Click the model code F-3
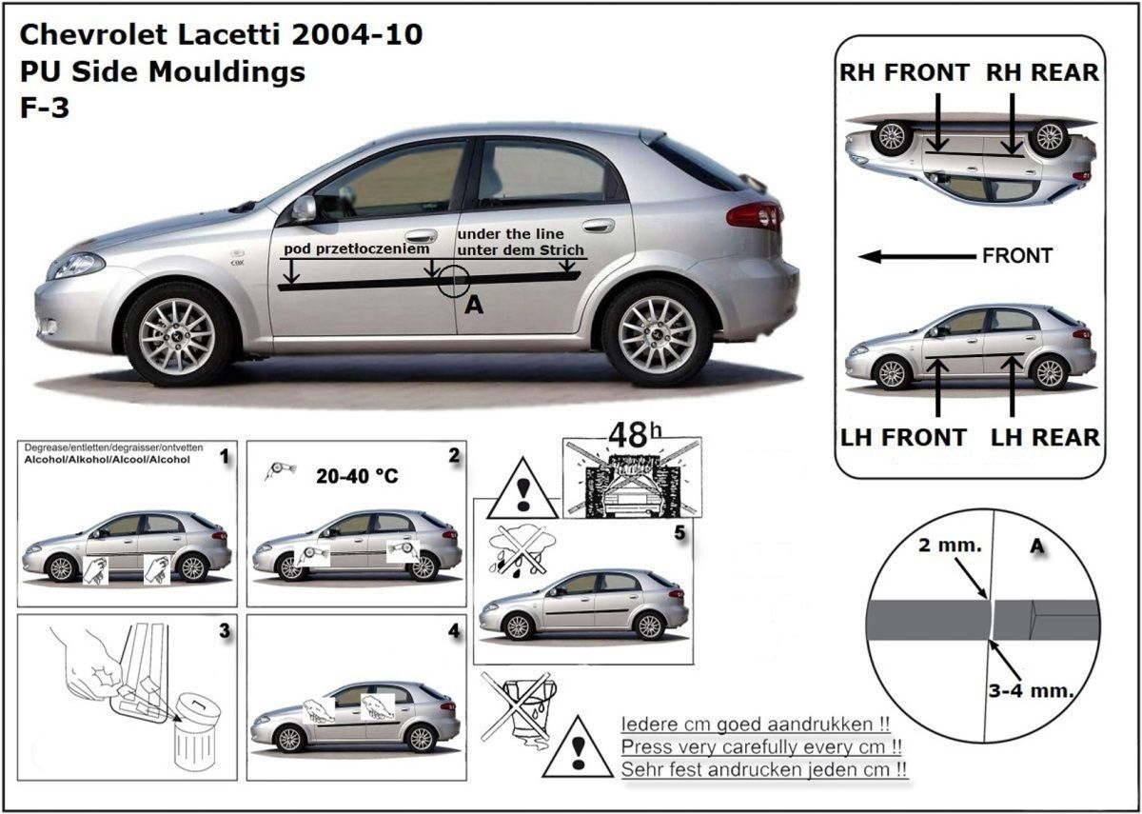[x=45, y=108]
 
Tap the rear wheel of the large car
[x=656, y=333]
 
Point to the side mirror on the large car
[x=305, y=208]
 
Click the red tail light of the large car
[x=754, y=216]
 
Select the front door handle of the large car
[x=421, y=236]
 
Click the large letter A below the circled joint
[x=474, y=305]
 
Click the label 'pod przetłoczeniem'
[x=356, y=248]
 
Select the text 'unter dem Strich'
[x=521, y=249]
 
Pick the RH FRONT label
[x=904, y=72]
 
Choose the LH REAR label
[x=1045, y=438]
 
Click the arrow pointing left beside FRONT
[x=916, y=256]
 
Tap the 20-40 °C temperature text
[x=357, y=476]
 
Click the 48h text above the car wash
[x=635, y=434]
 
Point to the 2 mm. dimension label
[x=950, y=546]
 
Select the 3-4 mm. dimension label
[x=1031, y=691]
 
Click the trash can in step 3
[x=196, y=734]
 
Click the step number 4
[x=454, y=631]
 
